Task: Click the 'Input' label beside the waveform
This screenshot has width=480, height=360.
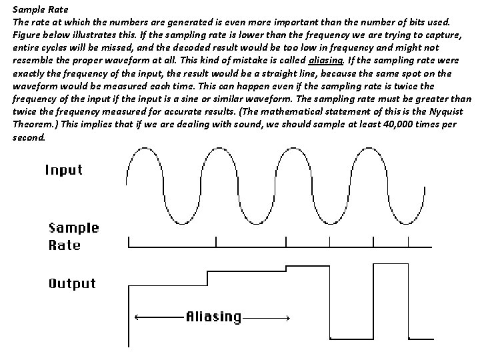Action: point(64,169)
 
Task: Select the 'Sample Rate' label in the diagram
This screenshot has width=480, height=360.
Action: point(73,236)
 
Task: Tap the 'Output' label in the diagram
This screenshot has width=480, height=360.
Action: point(72,283)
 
